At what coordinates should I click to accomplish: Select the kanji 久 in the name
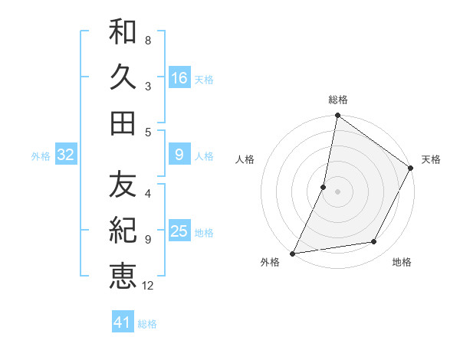123,77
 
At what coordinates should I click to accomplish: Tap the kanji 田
123,123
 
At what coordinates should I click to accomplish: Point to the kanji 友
123,185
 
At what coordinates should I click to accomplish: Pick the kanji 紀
123,230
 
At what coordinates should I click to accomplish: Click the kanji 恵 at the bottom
123,275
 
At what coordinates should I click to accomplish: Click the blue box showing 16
179,77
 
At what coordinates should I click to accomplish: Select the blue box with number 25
179,232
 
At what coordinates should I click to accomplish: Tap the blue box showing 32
66,155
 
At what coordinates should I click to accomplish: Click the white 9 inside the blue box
179,155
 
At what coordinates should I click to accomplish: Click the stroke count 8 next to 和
147,40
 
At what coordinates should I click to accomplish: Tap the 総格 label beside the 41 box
147,324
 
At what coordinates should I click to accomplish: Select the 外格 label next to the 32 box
41,156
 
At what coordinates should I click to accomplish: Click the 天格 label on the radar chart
431,159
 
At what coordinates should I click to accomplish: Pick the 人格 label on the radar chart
245,159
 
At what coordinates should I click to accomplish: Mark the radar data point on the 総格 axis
337,116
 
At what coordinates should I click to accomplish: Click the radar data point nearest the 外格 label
293,253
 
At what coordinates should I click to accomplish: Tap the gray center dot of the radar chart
337,191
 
